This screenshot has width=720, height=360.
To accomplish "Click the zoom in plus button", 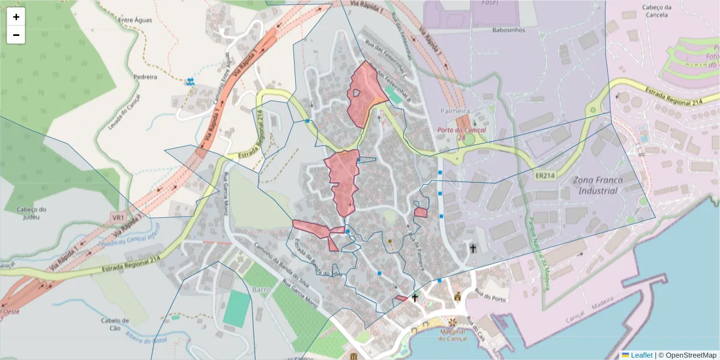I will point(16,17).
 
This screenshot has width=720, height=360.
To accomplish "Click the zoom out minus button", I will point(16,35).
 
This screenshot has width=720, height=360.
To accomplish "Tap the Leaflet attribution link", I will point(641,355).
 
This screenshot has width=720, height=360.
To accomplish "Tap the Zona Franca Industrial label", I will point(597,185).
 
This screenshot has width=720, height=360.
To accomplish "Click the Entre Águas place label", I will point(135,20).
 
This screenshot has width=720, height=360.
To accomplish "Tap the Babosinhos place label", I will point(508,29).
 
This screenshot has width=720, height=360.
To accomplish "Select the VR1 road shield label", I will point(118,217).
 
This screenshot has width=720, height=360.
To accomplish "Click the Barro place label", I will point(262,289).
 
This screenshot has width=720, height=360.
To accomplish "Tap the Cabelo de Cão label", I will point(115,325).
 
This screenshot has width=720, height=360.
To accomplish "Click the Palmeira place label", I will point(454,111).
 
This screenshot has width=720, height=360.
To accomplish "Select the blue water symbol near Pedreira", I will point(190,80).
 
